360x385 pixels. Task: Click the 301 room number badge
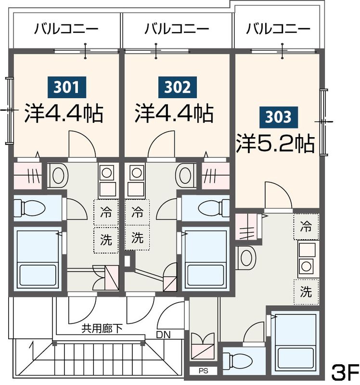(x=66, y=88)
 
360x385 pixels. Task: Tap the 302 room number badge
(x=178, y=88)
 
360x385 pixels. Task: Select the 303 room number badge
(x=278, y=116)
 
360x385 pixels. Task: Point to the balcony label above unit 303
(x=278, y=29)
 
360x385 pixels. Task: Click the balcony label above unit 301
(x=66, y=29)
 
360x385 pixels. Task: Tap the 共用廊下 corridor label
(x=102, y=329)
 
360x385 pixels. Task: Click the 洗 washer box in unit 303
(x=306, y=291)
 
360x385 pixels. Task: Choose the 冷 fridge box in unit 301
(x=105, y=212)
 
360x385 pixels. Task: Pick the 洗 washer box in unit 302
(x=138, y=237)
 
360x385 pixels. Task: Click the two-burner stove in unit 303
(x=306, y=258)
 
